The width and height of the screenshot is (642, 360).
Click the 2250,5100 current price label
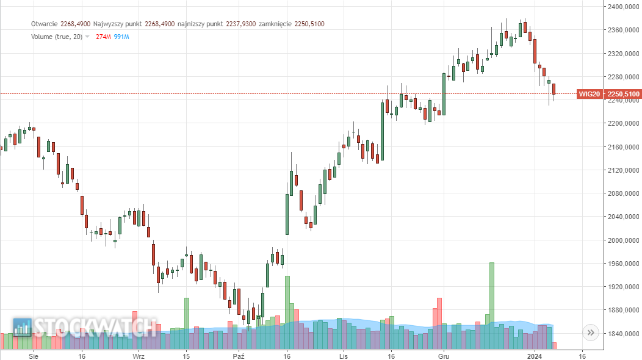coord(624,94)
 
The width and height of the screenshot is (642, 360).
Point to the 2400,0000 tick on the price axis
coord(623,7)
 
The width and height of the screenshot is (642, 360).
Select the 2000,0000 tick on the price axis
coord(623,240)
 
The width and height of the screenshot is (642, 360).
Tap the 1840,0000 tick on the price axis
coord(623,334)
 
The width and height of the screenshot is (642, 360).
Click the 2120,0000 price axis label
coord(623,170)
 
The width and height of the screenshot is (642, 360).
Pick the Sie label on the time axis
coord(35,355)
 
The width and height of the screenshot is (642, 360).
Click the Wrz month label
coord(139,355)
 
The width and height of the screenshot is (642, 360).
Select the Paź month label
coord(239,355)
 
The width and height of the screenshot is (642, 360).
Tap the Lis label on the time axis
coord(344,355)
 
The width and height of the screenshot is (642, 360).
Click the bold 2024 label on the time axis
coord(535,355)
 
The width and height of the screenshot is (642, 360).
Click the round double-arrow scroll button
coord(591,333)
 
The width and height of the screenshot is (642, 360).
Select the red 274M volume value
coord(103,37)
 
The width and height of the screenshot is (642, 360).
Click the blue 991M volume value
coord(121,37)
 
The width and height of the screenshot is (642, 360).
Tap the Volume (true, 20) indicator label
coord(56,37)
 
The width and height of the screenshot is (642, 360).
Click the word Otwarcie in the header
coord(44,24)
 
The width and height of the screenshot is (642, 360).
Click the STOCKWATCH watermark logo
coord(85,328)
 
